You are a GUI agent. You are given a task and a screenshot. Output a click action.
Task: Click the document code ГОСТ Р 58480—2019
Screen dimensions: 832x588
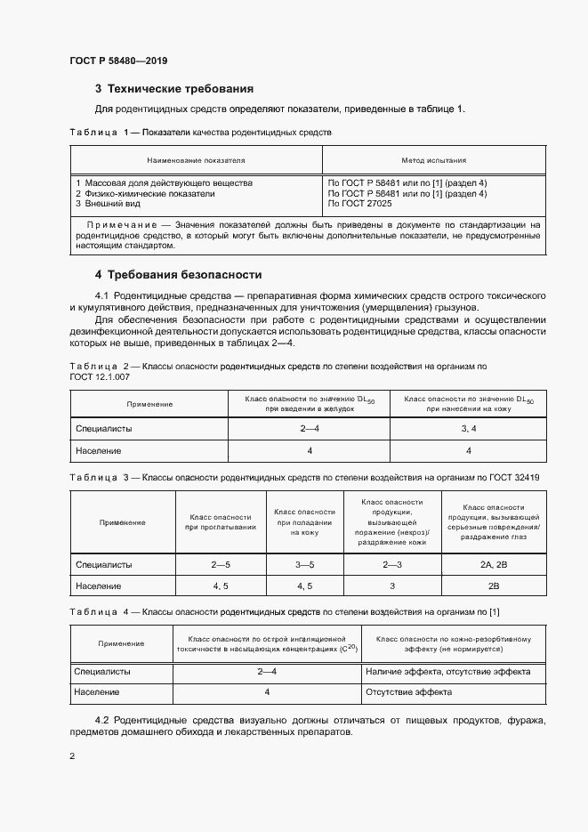pyautogui.click(x=118, y=61)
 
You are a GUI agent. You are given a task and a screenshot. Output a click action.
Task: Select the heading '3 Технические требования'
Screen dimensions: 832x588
pyautogui.click(x=174, y=89)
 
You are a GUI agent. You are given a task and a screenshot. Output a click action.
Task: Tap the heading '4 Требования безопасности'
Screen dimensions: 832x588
pyautogui.click(x=178, y=275)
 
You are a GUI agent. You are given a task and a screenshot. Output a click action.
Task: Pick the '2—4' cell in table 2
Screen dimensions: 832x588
pyautogui.click(x=310, y=429)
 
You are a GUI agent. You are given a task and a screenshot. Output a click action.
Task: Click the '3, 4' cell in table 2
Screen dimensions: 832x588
pyautogui.click(x=468, y=429)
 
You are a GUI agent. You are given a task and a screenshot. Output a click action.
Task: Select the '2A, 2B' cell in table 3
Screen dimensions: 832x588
pyautogui.click(x=493, y=564)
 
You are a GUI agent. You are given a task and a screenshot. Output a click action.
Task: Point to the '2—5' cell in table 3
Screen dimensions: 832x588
pyautogui.click(x=221, y=564)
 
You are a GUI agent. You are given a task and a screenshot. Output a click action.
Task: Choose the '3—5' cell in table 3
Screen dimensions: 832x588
pyautogui.click(x=304, y=564)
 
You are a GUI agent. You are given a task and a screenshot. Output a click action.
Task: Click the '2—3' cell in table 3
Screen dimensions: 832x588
pyautogui.click(x=392, y=564)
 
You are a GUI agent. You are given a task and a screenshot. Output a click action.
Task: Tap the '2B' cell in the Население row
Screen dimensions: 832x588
pyautogui.click(x=493, y=586)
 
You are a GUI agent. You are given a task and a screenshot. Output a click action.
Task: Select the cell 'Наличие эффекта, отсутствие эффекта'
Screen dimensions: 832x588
pyautogui.click(x=447, y=672)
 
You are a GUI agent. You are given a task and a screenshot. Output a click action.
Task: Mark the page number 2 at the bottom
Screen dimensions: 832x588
pyautogui.click(x=72, y=756)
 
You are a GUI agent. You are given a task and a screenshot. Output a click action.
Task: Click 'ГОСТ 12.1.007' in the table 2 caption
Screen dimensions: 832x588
pyautogui.click(x=99, y=377)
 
